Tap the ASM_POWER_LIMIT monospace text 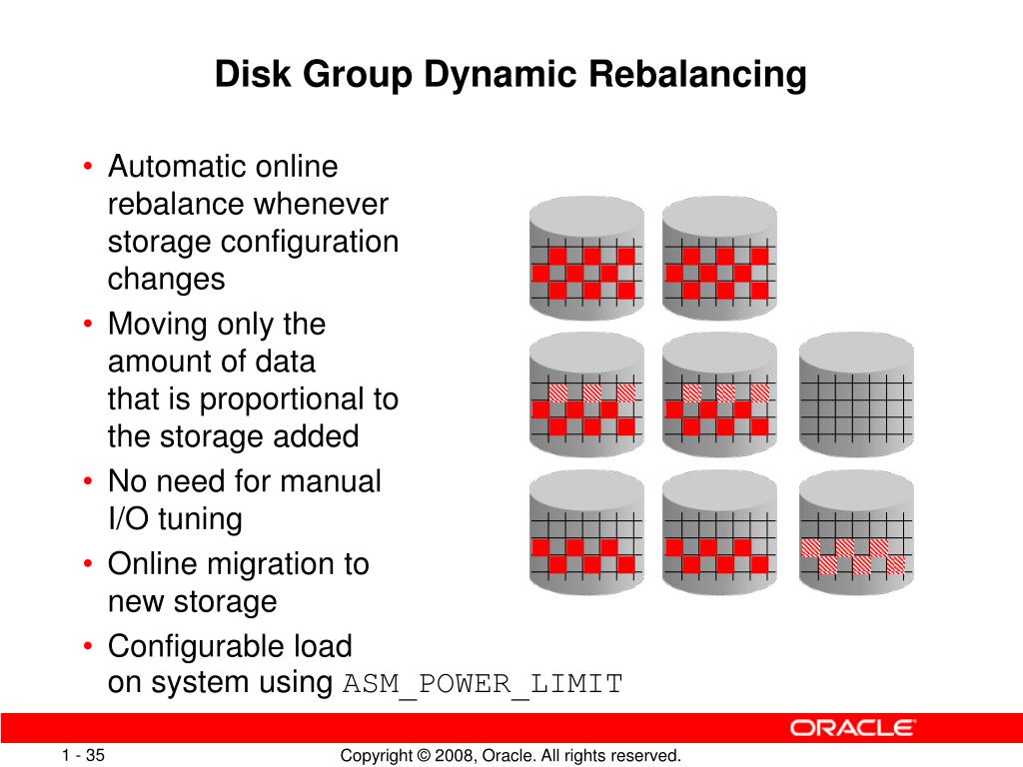pyautogui.click(x=484, y=684)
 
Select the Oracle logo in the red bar pyautogui.click(x=853, y=727)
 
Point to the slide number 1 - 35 pyautogui.click(x=83, y=756)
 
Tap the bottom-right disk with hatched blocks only pyautogui.click(x=856, y=533)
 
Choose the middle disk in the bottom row pyautogui.click(x=719, y=533)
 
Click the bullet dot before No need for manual pyautogui.click(x=90, y=482)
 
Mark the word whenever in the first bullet pyautogui.click(x=321, y=205)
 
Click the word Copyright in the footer pyautogui.click(x=376, y=756)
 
